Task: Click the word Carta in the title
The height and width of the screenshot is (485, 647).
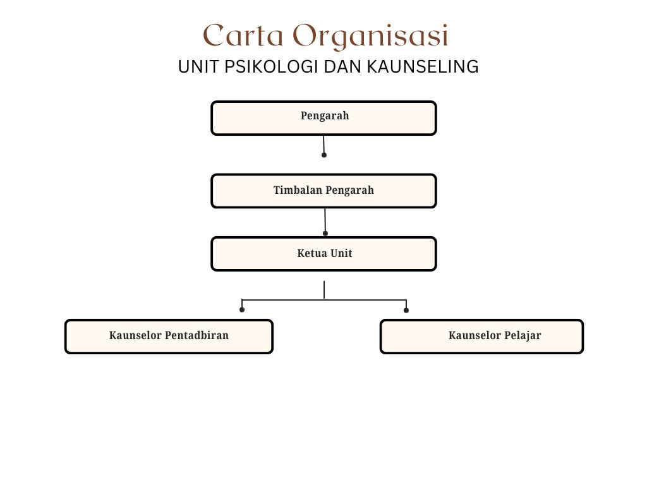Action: pyautogui.click(x=243, y=35)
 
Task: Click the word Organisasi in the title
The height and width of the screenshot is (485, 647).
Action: pyautogui.click(x=370, y=36)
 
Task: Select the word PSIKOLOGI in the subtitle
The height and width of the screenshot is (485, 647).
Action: pyautogui.click(x=271, y=67)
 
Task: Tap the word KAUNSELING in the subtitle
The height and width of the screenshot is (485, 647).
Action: pyautogui.click(x=423, y=67)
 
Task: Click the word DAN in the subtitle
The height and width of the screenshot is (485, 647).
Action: pyautogui.click(x=343, y=67)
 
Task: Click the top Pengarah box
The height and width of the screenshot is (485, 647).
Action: pyautogui.click(x=323, y=118)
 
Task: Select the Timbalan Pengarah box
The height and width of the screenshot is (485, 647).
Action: pyautogui.click(x=323, y=191)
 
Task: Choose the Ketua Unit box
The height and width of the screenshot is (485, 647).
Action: pyautogui.click(x=323, y=254)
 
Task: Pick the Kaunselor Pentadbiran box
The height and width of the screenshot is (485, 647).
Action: pyautogui.click(x=169, y=337)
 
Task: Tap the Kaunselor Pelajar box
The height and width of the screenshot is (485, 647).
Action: pyautogui.click(x=481, y=337)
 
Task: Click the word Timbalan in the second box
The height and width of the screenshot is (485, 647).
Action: pyautogui.click(x=298, y=190)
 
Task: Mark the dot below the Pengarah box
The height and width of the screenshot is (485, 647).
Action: pyautogui.click(x=324, y=155)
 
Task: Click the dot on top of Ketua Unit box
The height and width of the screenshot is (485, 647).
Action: pyautogui.click(x=325, y=234)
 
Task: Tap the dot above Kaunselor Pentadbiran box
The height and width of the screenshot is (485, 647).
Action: pyautogui.click(x=242, y=309)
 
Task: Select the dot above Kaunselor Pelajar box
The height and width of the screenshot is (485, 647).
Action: pyautogui.click(x=406, y=310)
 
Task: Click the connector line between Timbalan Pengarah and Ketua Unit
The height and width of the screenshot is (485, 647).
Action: pyautogui.click(x=325, y=220)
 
